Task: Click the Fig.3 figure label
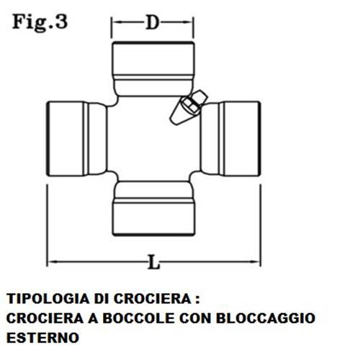[x=40, y=22]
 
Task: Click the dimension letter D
[x=153, y=23]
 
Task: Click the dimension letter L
[x=153, y=262]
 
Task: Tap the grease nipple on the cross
[x=189, y=107]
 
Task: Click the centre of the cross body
[x=153, y=139]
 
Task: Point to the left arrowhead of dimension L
[x=51, y=261]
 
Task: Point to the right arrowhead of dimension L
[x=256, y=261]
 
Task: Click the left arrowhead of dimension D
[x=116, y=22]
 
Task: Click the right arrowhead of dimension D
[x=189, y=22]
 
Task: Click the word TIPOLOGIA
[x=47, y=299]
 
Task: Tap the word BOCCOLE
[x=139, y=318]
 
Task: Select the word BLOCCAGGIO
[x=266, y=318]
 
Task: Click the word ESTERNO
[x=42, y=338]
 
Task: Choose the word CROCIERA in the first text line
[x=152, y=299]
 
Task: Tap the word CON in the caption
[x=195, y=318]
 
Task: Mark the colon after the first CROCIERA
[x=197, y=300]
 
